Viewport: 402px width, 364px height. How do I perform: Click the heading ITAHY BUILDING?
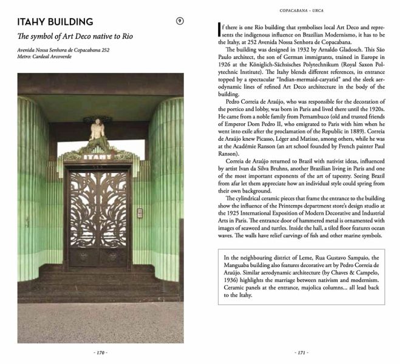pos(55,22)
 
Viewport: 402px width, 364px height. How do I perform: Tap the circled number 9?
pos(180,22)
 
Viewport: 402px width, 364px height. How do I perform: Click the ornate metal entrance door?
pos(98,215)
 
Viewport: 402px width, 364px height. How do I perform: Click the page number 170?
pos(100,352)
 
